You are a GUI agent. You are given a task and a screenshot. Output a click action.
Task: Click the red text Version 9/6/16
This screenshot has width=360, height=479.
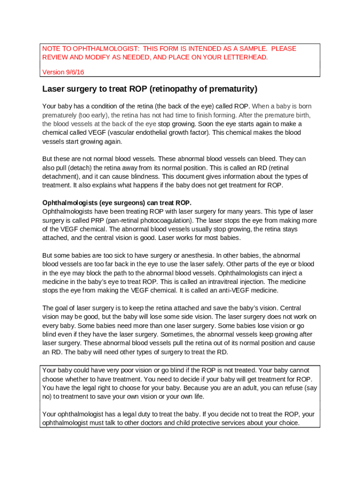pos(63,73)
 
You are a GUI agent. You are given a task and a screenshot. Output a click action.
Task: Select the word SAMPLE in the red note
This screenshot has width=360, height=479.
pos(252,49)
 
